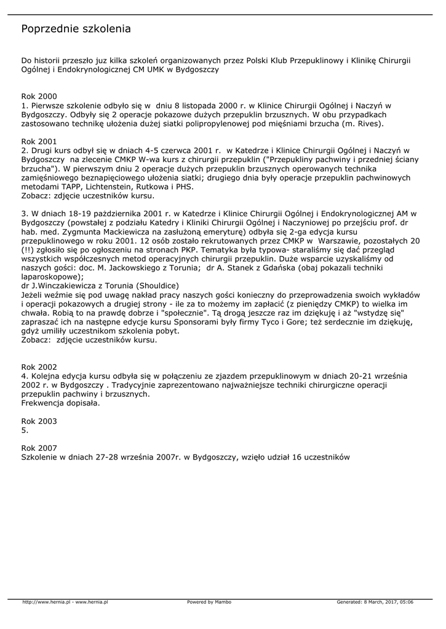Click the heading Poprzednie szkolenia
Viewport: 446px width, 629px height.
[x=76, y=29]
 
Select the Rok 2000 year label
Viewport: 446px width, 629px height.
[x=39, y=96]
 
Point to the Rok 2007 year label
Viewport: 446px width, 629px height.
[x=39, y=448]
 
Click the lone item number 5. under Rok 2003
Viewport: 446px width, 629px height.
[x=25, y=431]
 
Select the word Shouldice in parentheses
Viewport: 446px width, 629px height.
[x=157, y=286]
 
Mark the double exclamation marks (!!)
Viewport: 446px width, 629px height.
[x=28, y=250]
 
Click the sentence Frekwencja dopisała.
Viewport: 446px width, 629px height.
[x=60, y=403]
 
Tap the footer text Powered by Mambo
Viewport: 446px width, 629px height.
[x=209, y=602]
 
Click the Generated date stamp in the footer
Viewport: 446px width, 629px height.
[x=375, y=602]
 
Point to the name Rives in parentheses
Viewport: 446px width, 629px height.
[x=368, y=123]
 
